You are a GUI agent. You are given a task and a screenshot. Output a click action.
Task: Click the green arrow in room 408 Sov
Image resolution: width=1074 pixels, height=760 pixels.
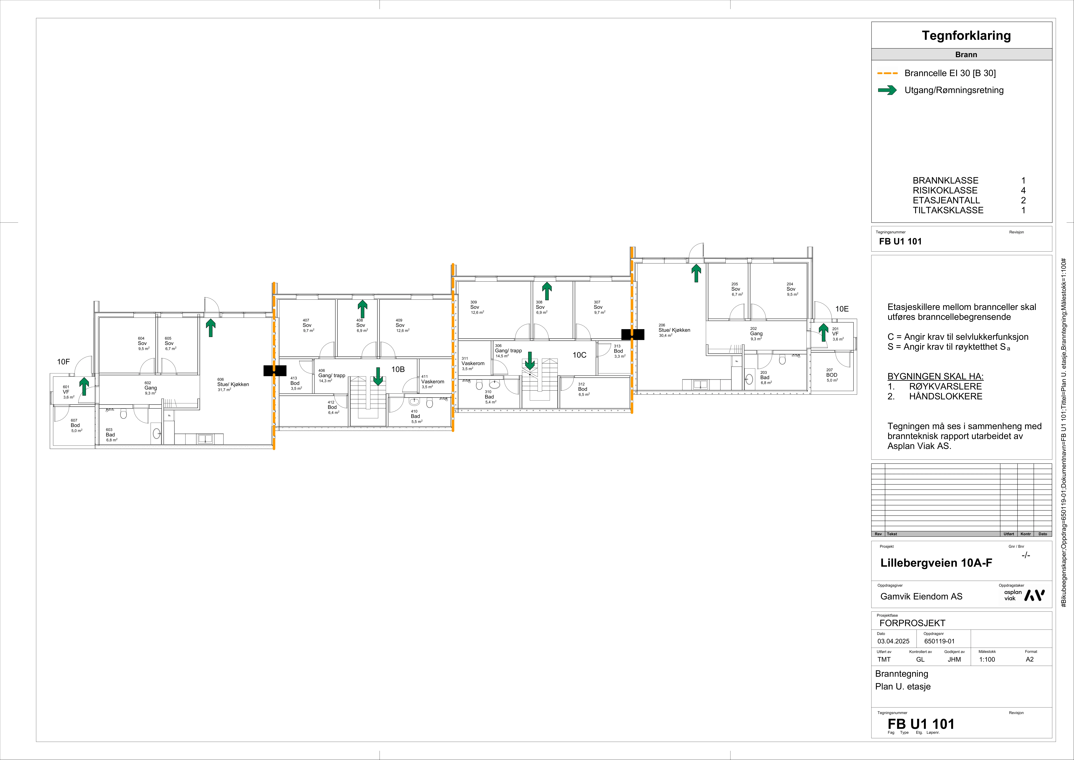(x=362, y=309)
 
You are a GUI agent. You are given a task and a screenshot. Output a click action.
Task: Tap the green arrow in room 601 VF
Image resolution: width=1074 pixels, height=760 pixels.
(x=84, y=387)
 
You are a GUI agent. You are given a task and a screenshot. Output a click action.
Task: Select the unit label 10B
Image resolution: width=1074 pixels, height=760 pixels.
(x=398, y=369)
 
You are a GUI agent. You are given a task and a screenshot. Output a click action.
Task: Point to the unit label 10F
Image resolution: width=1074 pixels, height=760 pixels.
(x=63, y=362)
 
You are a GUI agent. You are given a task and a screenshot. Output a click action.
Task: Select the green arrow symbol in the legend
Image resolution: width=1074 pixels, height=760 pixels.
(x=887, y=90)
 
